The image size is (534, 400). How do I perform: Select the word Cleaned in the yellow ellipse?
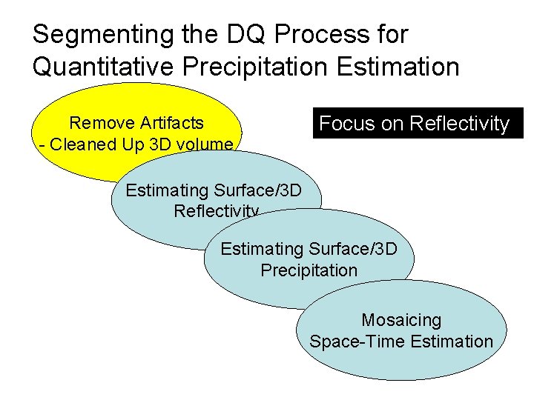(x=77, y=144)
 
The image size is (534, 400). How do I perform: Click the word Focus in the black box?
(x=346, y=124)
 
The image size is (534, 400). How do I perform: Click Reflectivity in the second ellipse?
(x=216, y=211)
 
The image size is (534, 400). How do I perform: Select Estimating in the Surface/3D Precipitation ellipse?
(x=260, y=248)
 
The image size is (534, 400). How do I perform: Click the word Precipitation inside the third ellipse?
(x=309, y=270)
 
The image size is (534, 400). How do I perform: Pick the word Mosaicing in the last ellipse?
(x=401, y=320)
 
